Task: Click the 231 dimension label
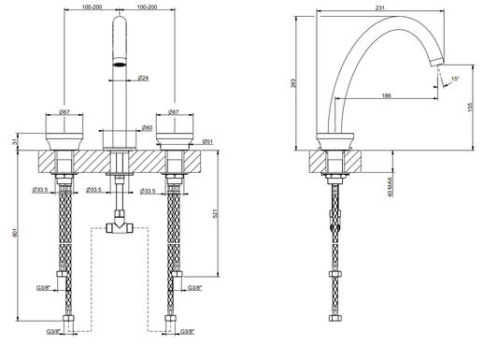(380, 7)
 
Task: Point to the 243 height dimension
(293, 83)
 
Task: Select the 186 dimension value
(386, 95)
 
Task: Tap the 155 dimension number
(471, 107)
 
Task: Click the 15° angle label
(455, 79)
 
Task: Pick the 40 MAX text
(391, 187)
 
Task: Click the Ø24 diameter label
(143, 78)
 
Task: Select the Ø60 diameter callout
(147, 128)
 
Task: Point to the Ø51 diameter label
(207, 142)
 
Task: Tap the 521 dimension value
(215, 213)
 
